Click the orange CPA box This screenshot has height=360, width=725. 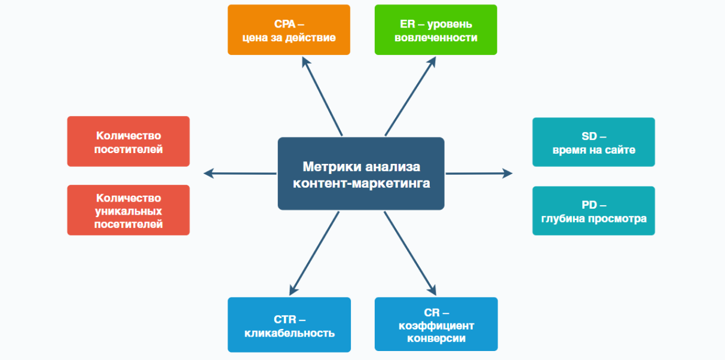(x=289, y=30)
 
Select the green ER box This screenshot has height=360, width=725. (x=436, y=30)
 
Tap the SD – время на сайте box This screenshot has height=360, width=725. (x=594, y=142)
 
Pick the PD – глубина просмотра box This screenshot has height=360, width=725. (x=594, y=211)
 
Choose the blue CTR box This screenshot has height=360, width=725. (x=289, y=325)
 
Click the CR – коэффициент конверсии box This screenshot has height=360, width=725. (x=436, y=324)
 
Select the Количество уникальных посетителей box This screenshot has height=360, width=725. (x=129, y=210)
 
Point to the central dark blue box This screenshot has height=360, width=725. (x=361, y=173)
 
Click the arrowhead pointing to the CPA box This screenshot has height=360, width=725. (x=306, y=62)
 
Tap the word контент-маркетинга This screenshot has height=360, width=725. (x=361, y=183)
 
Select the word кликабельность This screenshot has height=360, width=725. (x=289, y=332)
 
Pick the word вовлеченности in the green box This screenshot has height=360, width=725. (x=436, y=38)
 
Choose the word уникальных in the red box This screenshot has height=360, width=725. (x=129, y=211)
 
